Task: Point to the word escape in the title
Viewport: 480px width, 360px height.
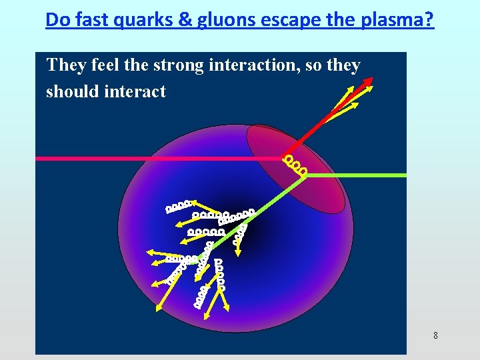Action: [288, 20]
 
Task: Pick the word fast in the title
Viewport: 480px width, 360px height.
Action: [96, 20]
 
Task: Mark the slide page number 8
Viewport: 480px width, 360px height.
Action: [435, 335]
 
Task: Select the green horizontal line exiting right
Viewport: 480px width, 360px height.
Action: [360, 175]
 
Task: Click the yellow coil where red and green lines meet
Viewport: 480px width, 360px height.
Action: [295, 165]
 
